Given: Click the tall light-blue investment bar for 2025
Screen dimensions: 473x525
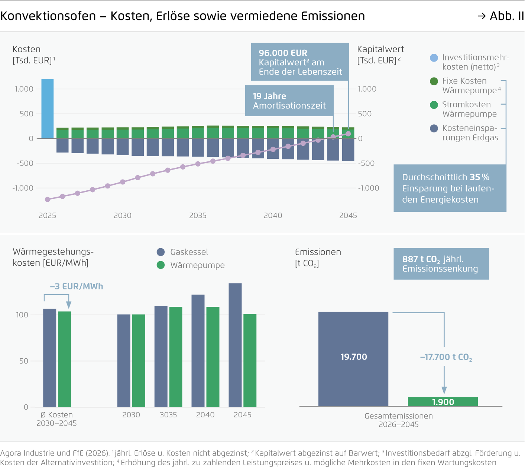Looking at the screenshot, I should pos(47,109).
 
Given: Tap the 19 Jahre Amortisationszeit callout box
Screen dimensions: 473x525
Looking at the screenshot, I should pos(289,101).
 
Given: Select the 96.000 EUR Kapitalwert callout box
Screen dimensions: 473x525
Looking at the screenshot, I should pos(300,62).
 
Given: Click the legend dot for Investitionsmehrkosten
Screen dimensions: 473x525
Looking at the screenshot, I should pos(434,58).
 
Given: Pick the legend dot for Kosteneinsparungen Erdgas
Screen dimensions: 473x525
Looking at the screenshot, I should pos(434,128).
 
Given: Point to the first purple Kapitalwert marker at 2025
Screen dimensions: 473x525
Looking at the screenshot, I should pos(48,199).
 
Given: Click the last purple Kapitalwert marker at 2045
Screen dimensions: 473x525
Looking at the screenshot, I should pos(348,134).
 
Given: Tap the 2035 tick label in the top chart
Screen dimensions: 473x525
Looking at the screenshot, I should pos(198,216).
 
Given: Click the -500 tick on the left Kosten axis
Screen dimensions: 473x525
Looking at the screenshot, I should pos(25,163).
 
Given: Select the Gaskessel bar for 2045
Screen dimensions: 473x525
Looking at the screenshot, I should pos(235,345).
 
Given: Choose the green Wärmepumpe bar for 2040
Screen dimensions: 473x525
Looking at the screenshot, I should pos(213,357).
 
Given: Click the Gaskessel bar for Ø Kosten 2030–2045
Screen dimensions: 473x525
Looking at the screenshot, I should pos(50,358).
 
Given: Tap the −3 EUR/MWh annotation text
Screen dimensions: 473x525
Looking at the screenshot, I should pos(77,286).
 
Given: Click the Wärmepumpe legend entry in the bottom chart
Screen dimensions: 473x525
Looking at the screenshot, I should pos(197,265).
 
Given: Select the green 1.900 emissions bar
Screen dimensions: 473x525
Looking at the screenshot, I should pos(443,402).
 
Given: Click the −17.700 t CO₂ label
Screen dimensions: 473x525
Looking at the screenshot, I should pos(446,357).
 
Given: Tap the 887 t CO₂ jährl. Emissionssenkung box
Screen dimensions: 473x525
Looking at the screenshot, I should pos(441,264).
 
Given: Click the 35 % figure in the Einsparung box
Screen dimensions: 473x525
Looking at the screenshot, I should pos(480,177).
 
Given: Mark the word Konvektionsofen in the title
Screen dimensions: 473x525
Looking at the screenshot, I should pos(48,16).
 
